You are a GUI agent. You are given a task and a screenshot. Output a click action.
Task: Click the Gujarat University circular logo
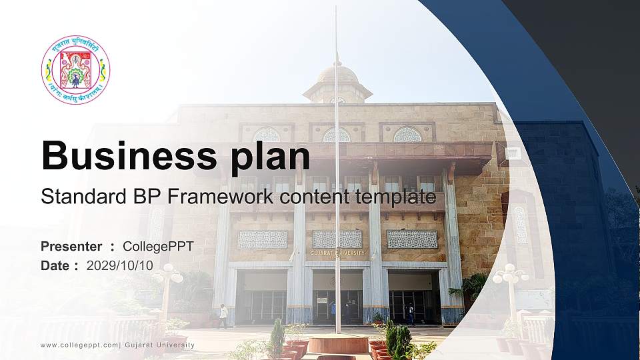pyautogui.click(x=75, y=70)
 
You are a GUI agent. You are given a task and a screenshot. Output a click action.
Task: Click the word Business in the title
pyautogui.click(x=127, y=156)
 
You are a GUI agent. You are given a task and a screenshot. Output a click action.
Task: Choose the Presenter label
pyautogui.click(x=71, y=247)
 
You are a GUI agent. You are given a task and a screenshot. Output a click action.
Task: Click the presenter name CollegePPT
pyautogui.click(x=158, y=247)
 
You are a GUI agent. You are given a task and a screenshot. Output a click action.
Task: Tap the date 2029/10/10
pyautogui.click(x=120, y=265)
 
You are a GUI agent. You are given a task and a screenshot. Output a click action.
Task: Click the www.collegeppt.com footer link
pyautogui.click(x=79, y=345)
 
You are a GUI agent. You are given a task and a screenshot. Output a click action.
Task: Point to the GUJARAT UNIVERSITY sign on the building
pyautogui.click(x=337, y=253)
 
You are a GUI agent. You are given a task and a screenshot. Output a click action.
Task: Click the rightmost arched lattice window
pyautogui.click(x=407, y=135)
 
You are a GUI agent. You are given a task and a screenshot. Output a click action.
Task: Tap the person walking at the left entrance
pyautogui.click(x=223, y=315)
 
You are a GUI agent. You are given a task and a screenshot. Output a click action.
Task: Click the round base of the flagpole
pyautogui.click(x=337, y=343)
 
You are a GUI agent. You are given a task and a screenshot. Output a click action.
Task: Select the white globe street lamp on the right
pyautogui.click(x=511, y=274)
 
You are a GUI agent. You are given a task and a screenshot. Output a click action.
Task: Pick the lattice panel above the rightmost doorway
pyautogui.click(x=412, y=239)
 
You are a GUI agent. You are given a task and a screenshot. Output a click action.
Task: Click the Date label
pyautogui.click(x=55, y=265)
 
